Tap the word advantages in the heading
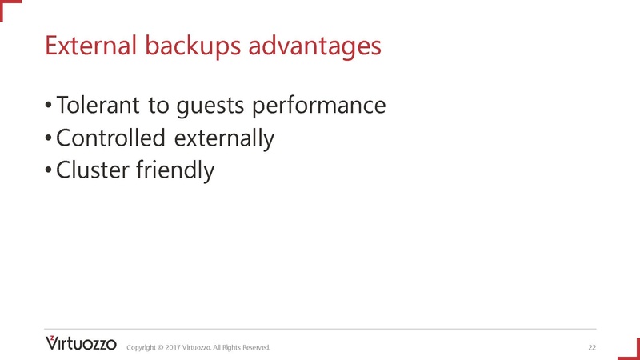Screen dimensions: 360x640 (x=315, y=46)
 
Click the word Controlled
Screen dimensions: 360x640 (x=110, y=138)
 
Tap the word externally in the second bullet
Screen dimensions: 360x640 (x=223, y=138)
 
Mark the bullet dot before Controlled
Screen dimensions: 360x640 (x=49, y=139)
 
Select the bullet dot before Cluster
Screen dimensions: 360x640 (x=49, y=171)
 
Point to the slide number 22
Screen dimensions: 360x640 (x=592, y=347)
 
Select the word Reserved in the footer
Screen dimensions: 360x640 (x=255, y=347)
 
